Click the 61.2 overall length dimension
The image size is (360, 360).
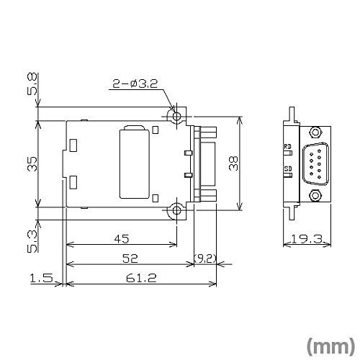click(141, 278)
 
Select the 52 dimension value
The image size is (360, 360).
click(130, 258)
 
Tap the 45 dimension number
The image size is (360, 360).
click(122, 239)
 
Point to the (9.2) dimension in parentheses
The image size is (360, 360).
click(205, 258)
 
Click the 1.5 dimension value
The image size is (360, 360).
click(41, 278)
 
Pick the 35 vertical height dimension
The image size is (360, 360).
click(32, 164)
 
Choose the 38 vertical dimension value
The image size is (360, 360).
click(233, 163)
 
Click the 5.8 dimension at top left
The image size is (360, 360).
click(32, 84)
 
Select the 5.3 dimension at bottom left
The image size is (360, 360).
click(32, 241)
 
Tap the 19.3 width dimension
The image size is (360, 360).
click(307, 239)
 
